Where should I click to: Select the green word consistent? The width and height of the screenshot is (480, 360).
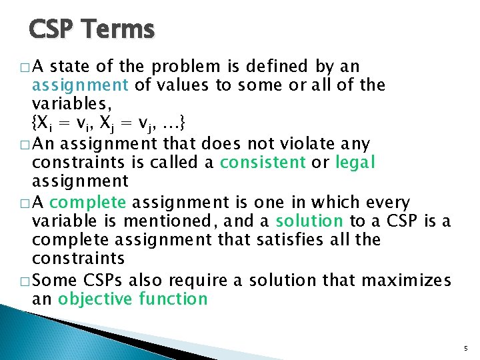tap(263, 162)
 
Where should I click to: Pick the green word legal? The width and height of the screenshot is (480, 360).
tap(355, 162)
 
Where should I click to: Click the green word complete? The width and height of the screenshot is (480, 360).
tap(87, 202)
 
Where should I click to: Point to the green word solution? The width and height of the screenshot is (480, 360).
tap(309, 221)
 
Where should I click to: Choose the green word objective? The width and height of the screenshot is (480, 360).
tap(95, 298)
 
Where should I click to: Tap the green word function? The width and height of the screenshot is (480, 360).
tap(173, 298)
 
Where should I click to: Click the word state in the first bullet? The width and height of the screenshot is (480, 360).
tap(70, 66)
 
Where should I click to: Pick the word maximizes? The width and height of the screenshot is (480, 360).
tap(411, 279)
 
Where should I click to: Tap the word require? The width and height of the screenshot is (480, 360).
tap(201, 279)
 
